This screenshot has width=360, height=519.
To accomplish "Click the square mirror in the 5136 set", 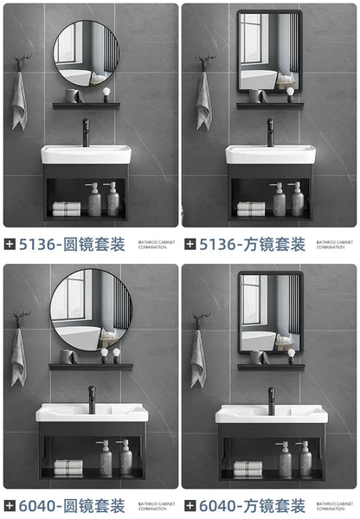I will tap(268, 51).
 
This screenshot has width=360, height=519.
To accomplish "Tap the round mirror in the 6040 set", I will tap(91, 310).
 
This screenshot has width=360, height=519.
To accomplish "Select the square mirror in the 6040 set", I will tap(270, 311).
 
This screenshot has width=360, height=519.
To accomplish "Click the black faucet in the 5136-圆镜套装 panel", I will tap(86, 132).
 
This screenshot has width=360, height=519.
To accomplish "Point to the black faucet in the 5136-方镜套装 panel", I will tap(270, 132).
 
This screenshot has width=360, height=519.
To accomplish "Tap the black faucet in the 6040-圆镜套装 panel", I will tap(91, 399).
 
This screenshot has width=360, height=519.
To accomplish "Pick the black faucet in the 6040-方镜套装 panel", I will tap(271, 399).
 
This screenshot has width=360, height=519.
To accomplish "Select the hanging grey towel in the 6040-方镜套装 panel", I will tap(198, 359).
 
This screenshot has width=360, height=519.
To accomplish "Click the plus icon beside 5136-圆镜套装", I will tap(10, 245).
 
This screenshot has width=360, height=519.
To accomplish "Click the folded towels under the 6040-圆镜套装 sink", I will tap(67, 467).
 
